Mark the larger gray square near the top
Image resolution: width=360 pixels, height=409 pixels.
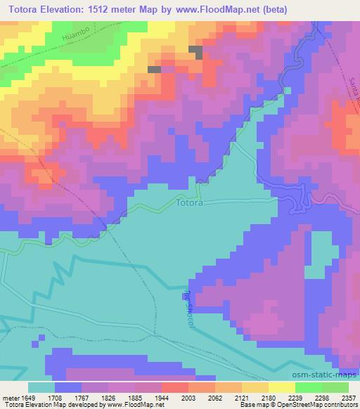[196, 52]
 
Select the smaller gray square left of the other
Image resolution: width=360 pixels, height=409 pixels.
[154, 70]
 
